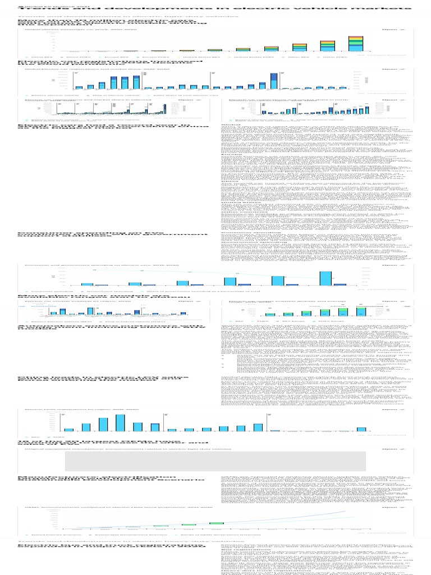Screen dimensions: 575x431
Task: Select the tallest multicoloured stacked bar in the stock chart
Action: (x=355, y=44)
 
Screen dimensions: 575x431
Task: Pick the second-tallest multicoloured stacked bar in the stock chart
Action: (x=327, y=46)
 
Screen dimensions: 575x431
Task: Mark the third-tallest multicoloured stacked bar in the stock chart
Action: (x=299, y=48)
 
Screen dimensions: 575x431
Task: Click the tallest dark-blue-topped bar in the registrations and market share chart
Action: (x=274, y=81)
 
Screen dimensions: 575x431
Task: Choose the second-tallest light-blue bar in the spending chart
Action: (x=278, y=281)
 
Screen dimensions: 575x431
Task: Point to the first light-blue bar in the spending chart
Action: (x=87, y=284)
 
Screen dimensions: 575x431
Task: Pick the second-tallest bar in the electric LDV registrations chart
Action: (x=103, y=424)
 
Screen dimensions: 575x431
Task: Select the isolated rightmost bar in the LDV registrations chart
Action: (x=361, y=429)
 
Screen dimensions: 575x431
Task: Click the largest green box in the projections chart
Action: (x=217, y=523)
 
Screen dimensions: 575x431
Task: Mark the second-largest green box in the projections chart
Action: (x=189, y=524)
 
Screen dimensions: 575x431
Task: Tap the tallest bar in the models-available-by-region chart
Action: (x=90, y=311)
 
